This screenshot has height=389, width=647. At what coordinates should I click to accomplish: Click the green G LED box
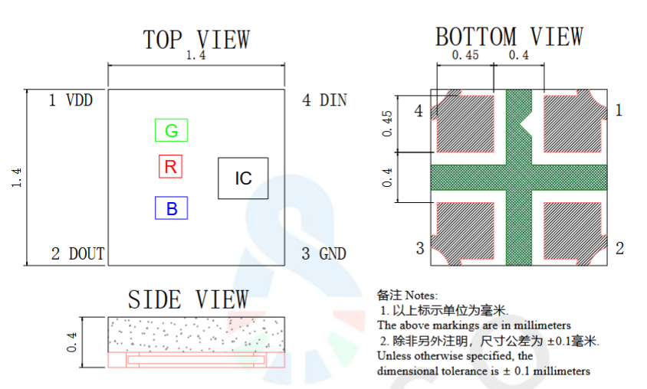tap(171, 130)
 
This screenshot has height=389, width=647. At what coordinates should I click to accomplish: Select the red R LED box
tap(170, 166)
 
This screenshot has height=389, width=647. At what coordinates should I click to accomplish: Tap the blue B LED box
tap(171, 208)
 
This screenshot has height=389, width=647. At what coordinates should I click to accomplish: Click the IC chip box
tap(243, 178)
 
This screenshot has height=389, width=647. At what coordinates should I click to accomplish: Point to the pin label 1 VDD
tap(71, 100)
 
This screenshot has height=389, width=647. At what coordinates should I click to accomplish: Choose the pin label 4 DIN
tap(324, 100)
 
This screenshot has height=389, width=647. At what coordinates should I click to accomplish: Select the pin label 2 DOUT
tap(77, 253)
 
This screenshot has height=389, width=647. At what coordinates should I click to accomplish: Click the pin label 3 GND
tap(323, 253)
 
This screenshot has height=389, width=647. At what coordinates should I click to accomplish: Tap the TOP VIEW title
tap(196, 40)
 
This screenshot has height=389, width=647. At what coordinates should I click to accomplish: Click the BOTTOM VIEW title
tap(509, 36)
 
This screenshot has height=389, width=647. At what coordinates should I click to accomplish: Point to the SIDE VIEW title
tap(188, 299)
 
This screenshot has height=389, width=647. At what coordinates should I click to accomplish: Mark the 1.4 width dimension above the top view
tap(195, 55)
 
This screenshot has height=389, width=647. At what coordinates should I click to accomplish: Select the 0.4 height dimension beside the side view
tap(71, 342)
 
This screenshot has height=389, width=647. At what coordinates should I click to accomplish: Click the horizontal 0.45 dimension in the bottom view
tap(465, 55)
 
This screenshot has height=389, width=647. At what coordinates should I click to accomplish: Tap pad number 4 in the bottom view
tap(419, 110)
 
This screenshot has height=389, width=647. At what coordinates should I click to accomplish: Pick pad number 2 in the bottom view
tap(619, 248)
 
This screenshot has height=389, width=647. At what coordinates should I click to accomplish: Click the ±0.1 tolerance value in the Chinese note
tap(562, 342)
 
